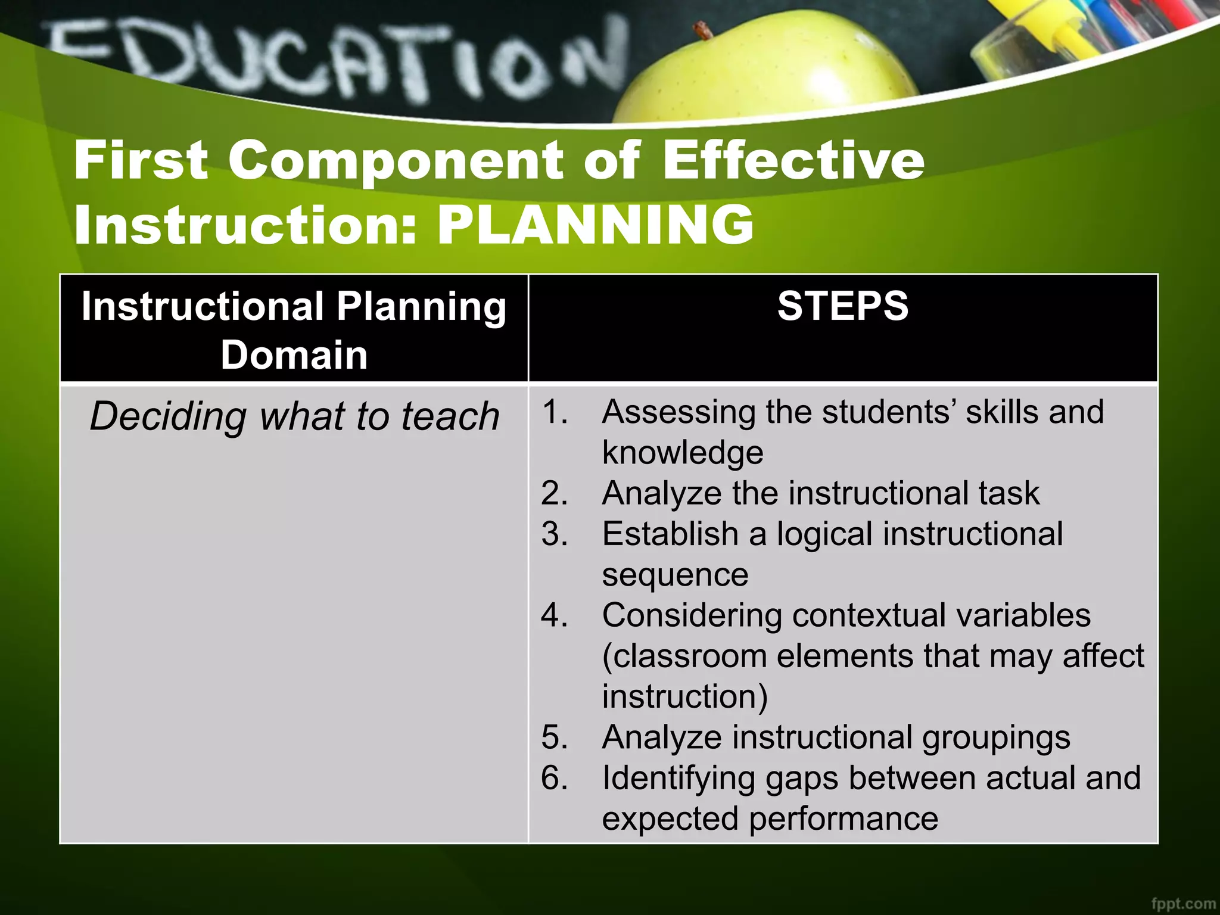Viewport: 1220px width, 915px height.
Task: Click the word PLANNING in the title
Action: (x=596, y=225)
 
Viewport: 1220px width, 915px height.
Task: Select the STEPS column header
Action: (x=842, y=306)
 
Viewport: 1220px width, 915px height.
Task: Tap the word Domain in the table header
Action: (x=294, y=356)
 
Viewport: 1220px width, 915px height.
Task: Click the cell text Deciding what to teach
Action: (x=294, y=416)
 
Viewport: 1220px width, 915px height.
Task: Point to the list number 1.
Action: (x=554, y=412)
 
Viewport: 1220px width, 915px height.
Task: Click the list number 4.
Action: (x=554, y=615)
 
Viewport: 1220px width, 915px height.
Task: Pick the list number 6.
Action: (x=554, y=778)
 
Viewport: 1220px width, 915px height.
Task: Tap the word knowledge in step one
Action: (x=683, y=453)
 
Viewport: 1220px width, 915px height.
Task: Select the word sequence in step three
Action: (x=675, y=575)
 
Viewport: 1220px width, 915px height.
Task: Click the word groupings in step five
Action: (x=996, y=738)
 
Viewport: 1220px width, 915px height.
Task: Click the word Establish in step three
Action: (x=670, y=534)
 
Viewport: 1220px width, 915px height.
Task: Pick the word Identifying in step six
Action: (x=679, y=779)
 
